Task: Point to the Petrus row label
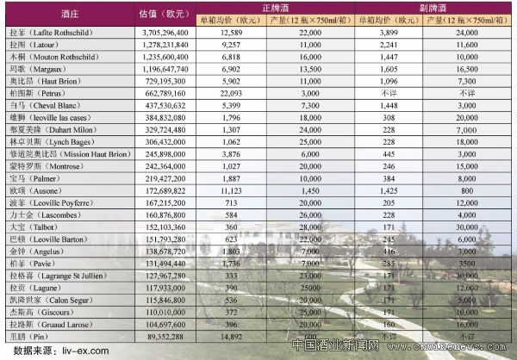tap(43, 90)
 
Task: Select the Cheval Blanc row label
tap(53, 103)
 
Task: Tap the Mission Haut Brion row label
tap(67, 152)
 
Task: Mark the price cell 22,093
tap(230, 90)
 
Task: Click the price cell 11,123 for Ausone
tap(230, 188)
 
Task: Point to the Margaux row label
tap(43, 66)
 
